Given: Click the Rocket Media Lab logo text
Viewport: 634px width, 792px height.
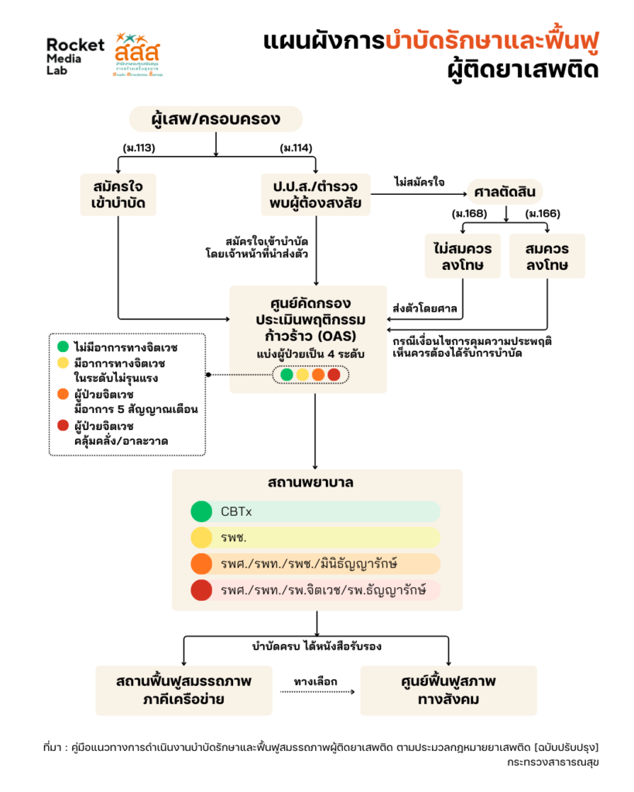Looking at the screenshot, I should click(x=74, y=55).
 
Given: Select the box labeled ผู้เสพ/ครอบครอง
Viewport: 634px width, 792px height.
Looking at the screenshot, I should click(x=215, y=119).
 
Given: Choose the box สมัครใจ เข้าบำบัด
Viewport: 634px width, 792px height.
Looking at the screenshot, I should click(x=118, y=195).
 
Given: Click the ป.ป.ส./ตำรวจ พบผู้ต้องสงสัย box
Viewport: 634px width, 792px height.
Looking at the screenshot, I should click(x=315, y=195).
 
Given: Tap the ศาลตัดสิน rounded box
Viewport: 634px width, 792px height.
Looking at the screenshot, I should click(x=505, y=191).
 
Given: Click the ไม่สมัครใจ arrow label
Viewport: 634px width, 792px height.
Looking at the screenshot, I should click(x=419, y=182).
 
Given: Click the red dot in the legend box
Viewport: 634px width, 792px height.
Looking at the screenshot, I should click(x=62, y=425).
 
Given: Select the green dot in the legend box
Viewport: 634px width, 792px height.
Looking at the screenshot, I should click(x=62, y=346).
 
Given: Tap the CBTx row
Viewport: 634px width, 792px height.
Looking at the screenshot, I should click(x=316, y=511).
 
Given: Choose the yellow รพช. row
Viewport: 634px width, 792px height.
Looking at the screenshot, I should click(x=316, y=538).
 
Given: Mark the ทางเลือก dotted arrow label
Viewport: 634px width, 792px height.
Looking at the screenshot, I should click(x=316, y=681).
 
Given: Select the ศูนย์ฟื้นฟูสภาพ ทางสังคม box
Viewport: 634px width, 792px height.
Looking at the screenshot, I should click(x=448, y=690).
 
